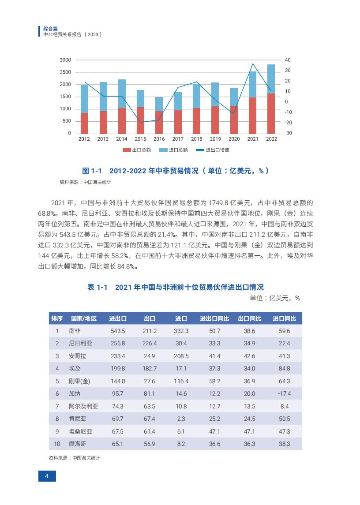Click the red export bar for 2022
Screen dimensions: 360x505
click(x=271, y=114)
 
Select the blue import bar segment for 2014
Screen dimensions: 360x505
click(x=122, y=94)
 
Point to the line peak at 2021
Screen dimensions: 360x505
click(x=253, y=64)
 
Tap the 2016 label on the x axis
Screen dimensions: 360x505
click(x=159, y=139)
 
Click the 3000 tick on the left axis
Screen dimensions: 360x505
click(x=65, y=60)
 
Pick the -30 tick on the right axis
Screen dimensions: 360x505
click(x=288, y=133)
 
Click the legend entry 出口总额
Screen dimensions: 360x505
click(x=137, y=150)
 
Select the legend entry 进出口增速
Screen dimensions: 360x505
click(x=213, y=150)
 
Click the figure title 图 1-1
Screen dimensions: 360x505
click(x=92, y=171)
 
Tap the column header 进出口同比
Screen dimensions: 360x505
click(x=214, y=318)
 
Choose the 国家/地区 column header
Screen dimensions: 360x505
click(x=84, y=318)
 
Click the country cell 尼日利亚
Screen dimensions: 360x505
click(x=81, y=343)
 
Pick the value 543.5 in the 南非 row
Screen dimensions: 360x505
click(x=118, y=331)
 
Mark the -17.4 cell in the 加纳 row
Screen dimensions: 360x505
click(x=284, y=394)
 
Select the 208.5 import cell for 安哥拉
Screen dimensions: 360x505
click(x=181, y=356)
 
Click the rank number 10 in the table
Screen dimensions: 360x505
click(x=57, y=444)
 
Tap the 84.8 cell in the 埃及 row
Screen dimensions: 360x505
click(x=284, y=369)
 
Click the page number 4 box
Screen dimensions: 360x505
click(x=47, y=476)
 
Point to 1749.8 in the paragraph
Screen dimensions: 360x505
click(x=218, y=203)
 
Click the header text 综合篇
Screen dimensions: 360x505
click(x=51, y=29)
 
